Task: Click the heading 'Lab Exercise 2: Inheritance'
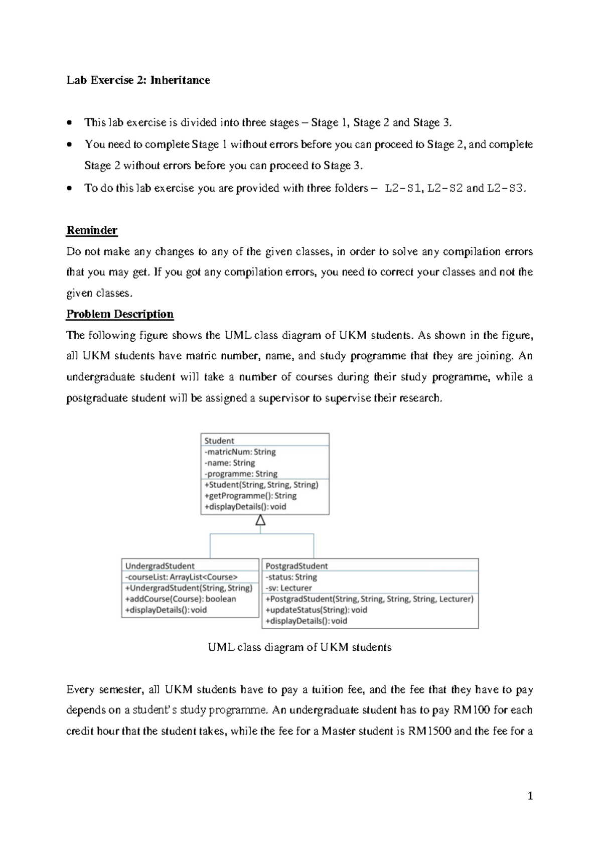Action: (138, 80)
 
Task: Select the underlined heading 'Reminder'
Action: (92, 230)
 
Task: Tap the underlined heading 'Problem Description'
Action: (120, 314)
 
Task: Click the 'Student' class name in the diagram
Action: (219, 441)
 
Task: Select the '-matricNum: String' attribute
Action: (240, 452)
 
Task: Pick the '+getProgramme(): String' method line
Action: (250, 496)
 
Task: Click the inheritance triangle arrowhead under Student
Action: (260, 521)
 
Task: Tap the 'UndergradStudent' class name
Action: (160, 566)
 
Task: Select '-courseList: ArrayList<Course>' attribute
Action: (181, 577)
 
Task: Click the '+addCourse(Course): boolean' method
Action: (181, 599)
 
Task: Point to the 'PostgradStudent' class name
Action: (296, 566)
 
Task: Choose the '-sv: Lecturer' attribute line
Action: (288, 588)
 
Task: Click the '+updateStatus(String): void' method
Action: (316, 610)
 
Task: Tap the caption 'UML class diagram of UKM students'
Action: (299, 647)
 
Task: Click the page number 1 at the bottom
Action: (530, 796)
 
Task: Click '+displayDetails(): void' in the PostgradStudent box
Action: (306, 621)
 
